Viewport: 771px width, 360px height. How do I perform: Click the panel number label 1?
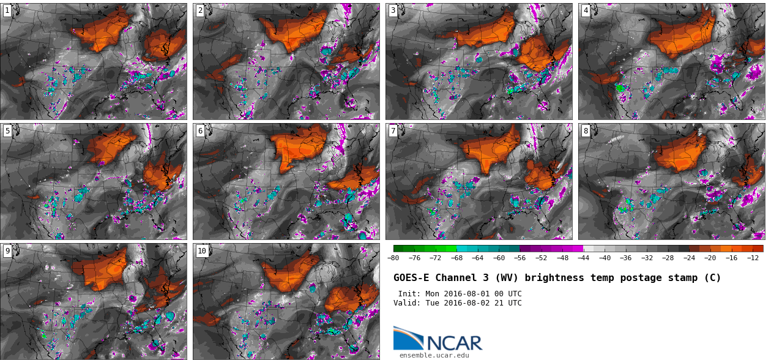[x=7, y=10]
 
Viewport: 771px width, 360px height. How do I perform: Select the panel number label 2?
[x=200, y=10]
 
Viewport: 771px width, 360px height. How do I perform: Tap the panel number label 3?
[x=393, y=10]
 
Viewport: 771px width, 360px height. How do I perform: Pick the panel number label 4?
[x=586, y=10]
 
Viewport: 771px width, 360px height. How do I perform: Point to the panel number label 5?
[x=7, y=130]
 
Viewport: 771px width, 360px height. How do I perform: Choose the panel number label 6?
[x=200, y=130]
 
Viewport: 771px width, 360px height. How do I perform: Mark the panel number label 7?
[x=393, y=130]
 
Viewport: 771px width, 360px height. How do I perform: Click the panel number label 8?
[x=586, y=130]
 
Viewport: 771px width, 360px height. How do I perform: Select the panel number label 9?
[x=7, y=250]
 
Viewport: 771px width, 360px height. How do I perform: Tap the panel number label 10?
[x=202, y=250]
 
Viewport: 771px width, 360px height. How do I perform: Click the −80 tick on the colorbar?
[x=393, y=258]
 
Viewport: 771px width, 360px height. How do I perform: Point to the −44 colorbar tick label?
[x=584, y=258]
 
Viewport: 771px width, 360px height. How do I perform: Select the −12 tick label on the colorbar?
[x=753, y=258]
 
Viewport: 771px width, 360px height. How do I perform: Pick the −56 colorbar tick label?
[x=520, y=258]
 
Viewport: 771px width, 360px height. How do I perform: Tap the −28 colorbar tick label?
[x=668, y=258]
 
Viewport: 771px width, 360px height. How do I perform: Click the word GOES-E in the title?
[x=411, y=278]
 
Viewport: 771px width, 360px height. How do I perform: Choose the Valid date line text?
[x=457, y=303]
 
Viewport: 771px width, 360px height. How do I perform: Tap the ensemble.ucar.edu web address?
[x=434, y=355]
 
